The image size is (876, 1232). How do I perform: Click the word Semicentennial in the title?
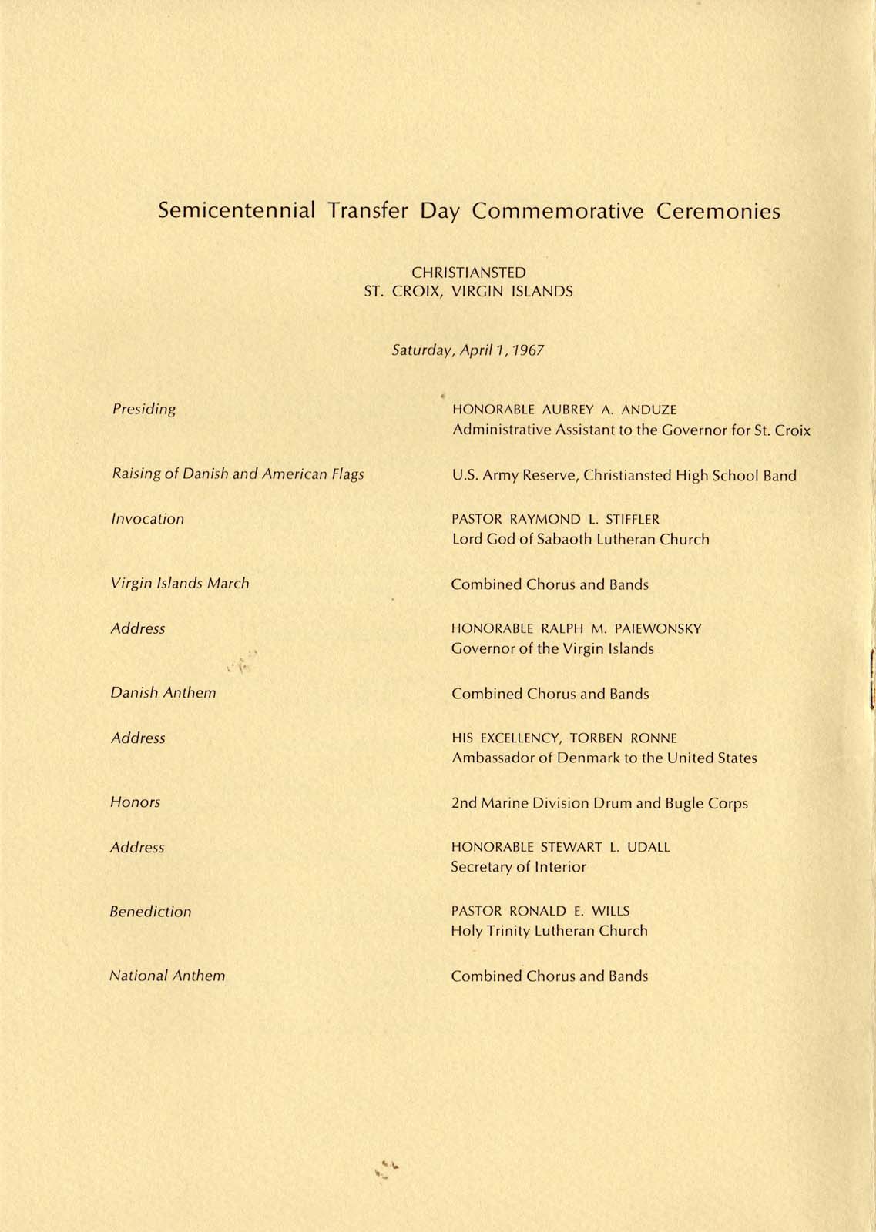point(237,211)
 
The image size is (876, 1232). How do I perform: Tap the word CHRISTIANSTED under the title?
point(468,273)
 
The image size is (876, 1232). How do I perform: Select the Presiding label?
point(144,410)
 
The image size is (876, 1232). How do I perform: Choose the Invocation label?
point(148,519)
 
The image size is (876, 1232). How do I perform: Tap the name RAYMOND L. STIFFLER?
point(585,520)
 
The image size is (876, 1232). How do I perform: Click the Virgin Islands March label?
point(180,584)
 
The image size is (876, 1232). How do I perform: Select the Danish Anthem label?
point(163,693)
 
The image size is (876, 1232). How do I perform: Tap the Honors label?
point(136,802)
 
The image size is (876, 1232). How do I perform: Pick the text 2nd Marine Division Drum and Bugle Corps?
point(599,803)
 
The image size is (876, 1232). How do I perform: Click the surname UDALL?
point(649,847)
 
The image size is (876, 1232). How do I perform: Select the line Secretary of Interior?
point(519,867)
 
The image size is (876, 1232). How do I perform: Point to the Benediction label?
point(150,912)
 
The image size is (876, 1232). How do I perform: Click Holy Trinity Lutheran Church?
point(549,931)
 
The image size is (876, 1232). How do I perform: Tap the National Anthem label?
point(167,976)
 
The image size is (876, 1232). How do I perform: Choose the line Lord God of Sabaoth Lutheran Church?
point(580,540)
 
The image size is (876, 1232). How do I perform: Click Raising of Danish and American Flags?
point(238,474)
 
